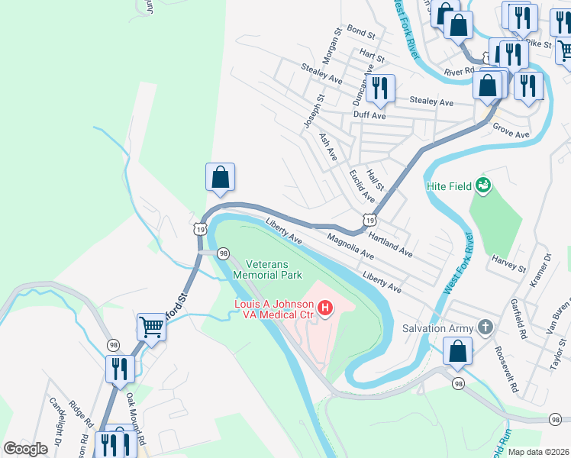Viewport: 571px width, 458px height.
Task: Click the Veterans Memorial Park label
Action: tap(267, 269)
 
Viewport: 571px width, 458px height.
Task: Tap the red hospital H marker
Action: tap(326, 308)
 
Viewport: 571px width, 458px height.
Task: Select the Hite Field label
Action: tap(448, 186)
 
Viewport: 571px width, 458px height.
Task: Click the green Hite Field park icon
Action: tap(482, 184)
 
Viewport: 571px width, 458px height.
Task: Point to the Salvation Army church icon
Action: tap(485, 327)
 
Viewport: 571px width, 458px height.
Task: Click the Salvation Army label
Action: tap(439, 328)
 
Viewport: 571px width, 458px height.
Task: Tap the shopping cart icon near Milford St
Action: tap(151, 327)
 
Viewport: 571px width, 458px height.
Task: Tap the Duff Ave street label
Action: tap(369, 116)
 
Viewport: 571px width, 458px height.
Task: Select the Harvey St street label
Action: tap(510, 266)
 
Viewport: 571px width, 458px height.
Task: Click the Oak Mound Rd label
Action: tap(135, 413)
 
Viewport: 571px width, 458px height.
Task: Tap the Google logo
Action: tap(25, 449)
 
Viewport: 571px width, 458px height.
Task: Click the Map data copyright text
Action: tap(539, 452)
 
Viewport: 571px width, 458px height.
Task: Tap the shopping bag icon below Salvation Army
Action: tap(458, 352)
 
